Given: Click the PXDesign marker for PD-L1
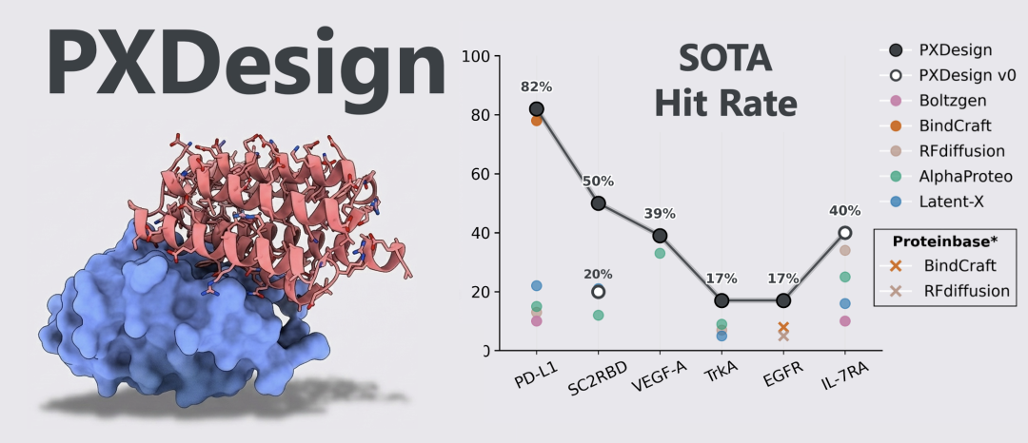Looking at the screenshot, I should coord(536,109).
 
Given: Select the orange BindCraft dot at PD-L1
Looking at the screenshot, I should coord(536,121).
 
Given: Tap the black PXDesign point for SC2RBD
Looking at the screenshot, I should coord(598,202).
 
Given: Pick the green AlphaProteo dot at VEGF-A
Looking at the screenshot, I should coord(660,253).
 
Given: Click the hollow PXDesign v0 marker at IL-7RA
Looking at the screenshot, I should coord(844,232).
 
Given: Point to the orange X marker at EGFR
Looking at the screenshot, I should coord(783,327).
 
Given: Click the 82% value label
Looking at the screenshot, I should coord(536,87).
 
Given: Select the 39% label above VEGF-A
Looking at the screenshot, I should coord(660,213).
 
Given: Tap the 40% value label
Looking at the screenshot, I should coord(844,210).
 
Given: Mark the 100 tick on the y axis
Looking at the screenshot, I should coord(474,56).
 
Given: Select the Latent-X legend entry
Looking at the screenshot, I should coord(952,202).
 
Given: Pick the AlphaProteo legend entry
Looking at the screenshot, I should coord(965,176).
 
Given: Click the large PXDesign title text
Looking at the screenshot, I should coord(246,59).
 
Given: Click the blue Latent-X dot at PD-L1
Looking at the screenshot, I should coord(536,286).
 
